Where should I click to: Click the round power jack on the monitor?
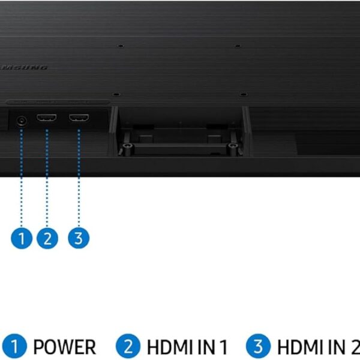(x=22, y=120)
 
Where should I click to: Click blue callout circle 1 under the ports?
(x=22, y=238)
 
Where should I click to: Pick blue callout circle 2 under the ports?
(x=47, y=238)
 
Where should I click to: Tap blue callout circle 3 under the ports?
(x=78, y=238)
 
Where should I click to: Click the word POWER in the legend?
(x=64, y=347)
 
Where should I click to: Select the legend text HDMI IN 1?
(x=187, y=347)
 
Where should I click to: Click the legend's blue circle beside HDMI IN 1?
(x=128, y=346)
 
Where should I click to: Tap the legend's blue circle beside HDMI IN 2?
(x=259, y=346)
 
